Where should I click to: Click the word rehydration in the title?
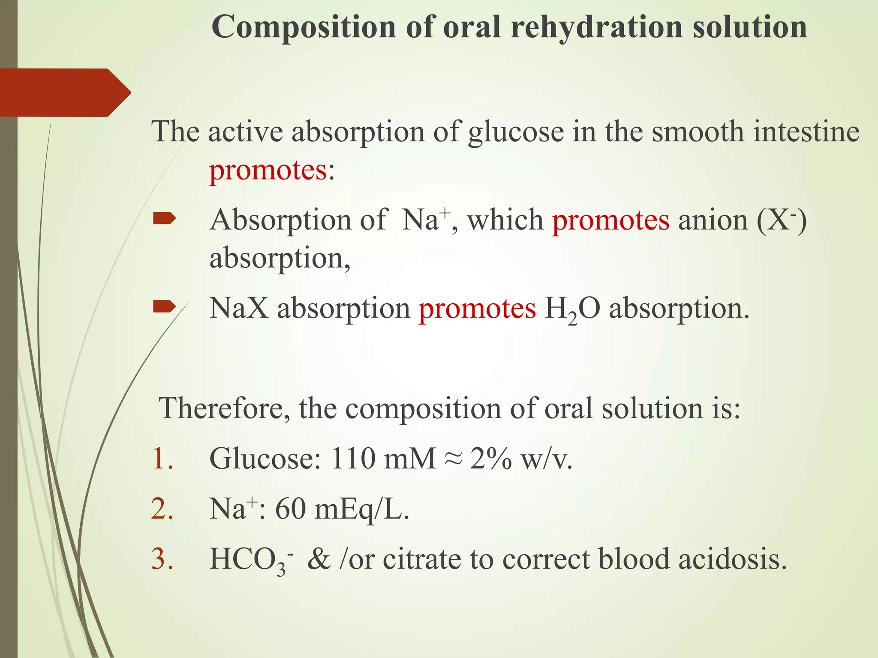click(x=598, y=27)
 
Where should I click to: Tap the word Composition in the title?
click(x=304, y=27)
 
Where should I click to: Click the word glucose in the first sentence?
click(x=516, y=132)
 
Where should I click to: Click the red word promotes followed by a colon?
click(x=268, y=170)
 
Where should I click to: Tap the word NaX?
click(x=239, y=308)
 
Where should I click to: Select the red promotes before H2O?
click(x=477, y=308)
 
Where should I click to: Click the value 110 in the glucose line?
click(x=353, y=458)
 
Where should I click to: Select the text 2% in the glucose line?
click(x=490, y=458)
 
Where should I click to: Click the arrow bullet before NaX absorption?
click(x=164, y=306)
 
